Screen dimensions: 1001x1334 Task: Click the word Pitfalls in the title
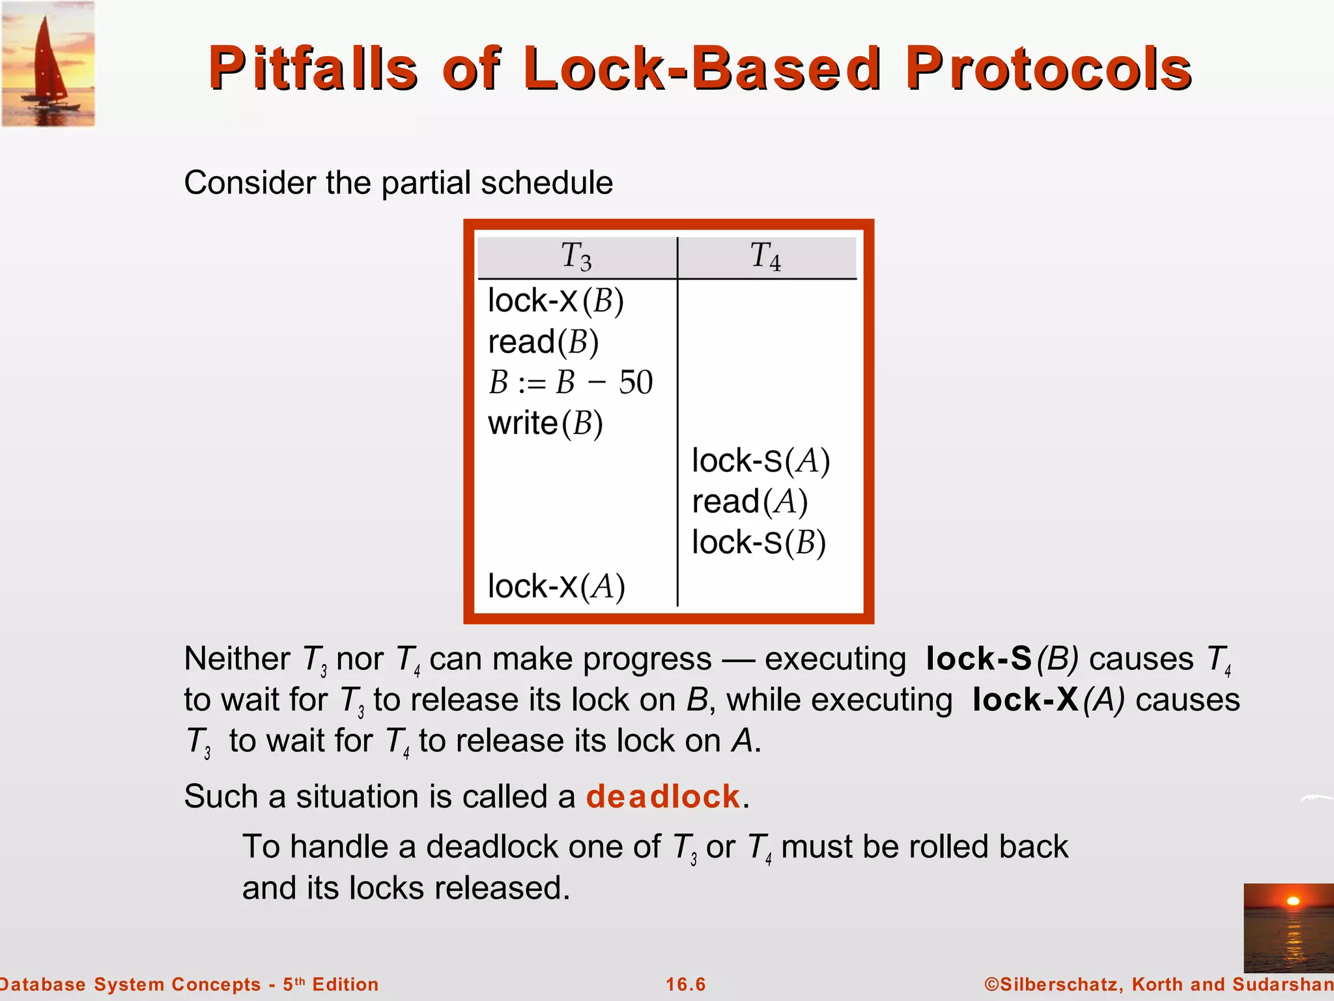point(313,68)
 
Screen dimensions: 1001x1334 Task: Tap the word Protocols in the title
point(1049,68)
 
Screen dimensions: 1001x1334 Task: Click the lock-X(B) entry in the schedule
point(556,301)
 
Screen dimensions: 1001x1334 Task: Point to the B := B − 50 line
point(570,383)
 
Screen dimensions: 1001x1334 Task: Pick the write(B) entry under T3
point(545,424)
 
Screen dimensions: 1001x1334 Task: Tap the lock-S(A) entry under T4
point(760,461)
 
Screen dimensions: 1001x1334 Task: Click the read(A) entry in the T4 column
point(749,502)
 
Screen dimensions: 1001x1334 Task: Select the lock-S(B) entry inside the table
point(758,543)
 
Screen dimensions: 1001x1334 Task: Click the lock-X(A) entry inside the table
point(556,586)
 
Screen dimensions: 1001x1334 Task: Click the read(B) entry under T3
point(543,342)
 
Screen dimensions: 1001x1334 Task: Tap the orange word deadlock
point(662,796)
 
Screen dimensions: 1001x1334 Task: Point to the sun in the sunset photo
point(1293,901)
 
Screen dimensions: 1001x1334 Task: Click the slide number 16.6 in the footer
point(685,984)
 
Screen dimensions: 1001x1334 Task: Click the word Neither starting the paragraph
point(236,659)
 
